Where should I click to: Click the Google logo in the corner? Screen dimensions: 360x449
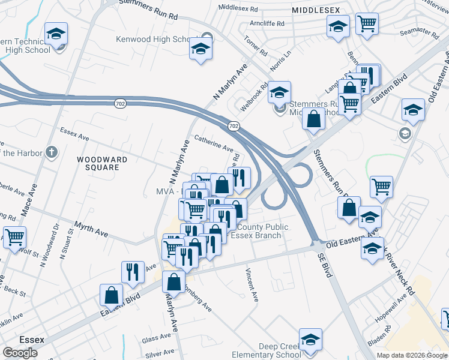[20, 353]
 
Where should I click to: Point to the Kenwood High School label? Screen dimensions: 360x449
[154, 39]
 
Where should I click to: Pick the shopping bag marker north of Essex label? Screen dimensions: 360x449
[112, 295]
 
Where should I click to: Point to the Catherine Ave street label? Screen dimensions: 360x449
[212, 142]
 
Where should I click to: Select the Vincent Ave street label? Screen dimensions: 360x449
[251, 285]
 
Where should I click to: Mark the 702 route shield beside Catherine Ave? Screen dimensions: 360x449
[234, 125]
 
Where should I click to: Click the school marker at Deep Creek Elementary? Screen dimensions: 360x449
[310, 340]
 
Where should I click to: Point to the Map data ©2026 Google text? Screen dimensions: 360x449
[412, 355]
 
